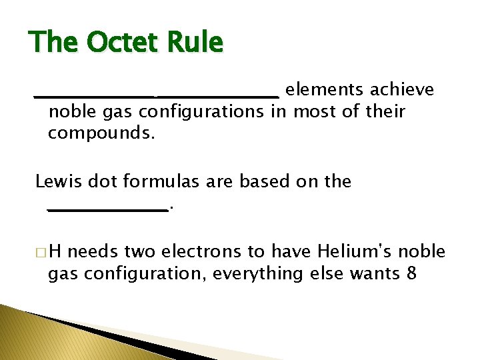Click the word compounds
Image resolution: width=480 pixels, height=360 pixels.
(101, 134)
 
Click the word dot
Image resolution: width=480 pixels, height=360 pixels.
(99, 181)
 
